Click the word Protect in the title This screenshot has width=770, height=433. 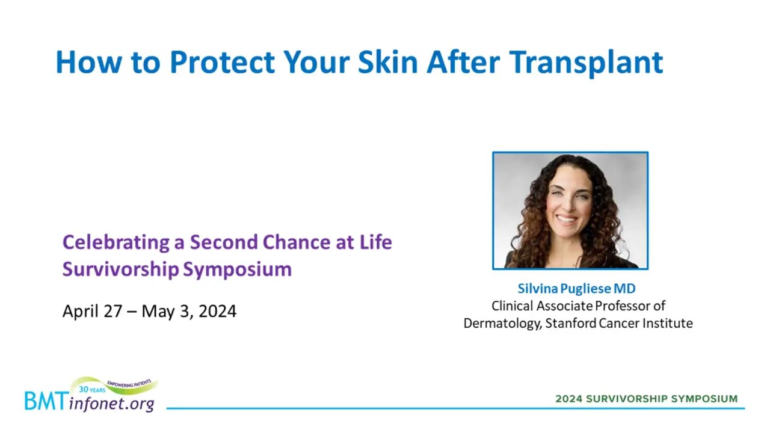[222, 62]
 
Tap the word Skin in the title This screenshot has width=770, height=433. [388, 62]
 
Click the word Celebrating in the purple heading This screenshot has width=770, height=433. [116, 243]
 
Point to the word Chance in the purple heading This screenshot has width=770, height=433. [297, 242]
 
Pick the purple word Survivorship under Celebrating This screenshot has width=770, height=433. [121, 269]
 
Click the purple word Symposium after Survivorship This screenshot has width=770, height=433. [237, 269]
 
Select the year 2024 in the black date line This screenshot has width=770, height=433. [217, 312]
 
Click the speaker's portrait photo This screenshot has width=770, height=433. [570, 210]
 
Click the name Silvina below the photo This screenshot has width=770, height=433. [538, 289]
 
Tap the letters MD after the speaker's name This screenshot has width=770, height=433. [624, 289]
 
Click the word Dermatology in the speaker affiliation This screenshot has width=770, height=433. [502, 324]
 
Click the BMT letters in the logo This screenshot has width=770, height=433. [46, 401]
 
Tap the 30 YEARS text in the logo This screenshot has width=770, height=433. [92, 389]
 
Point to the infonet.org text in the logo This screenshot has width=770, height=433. [112, 404]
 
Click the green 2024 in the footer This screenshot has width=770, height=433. [569, 399]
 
